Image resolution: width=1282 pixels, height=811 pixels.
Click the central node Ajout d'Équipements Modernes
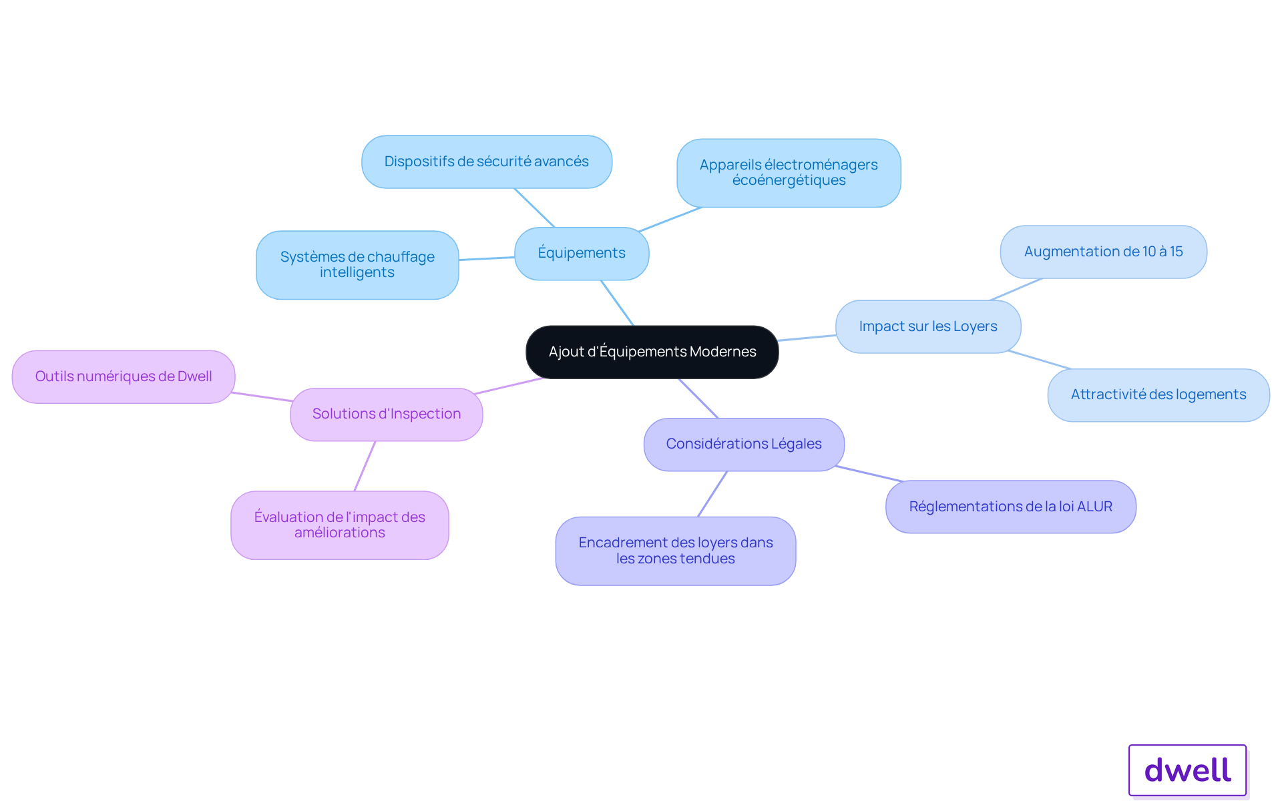(x=652, y=352)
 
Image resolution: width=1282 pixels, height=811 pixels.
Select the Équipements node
(x=582, y=254)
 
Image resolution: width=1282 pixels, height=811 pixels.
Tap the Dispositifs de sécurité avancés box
(x=487, y=162)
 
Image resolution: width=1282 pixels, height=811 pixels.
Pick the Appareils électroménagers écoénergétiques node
(x=789, y=173)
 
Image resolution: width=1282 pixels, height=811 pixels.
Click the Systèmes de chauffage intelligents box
(x=357, y=265)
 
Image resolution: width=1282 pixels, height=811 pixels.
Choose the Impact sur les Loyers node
(x=928, y=326)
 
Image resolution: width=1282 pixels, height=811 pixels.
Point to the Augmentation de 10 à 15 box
(x=1103, y=252)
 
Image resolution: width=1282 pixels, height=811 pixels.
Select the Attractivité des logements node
(x=1158, y=395)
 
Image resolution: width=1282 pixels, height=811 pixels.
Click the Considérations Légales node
(x=744, y=445)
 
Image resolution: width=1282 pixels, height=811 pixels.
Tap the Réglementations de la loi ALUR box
(x=1011, y=507)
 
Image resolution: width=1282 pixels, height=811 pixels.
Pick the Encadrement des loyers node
(x=676, y=551)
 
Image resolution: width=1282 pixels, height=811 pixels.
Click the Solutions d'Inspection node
(x=387, y=415)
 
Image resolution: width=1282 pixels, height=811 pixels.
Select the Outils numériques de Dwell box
(x=124, y=377)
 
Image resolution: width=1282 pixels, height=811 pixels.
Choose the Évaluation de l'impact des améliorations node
(x=340, y=525)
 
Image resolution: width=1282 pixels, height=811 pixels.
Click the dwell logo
(x=1187, y=770)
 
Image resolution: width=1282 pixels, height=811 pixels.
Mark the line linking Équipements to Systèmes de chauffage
(x=487, y=258)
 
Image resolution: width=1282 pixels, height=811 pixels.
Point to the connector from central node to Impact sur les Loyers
(x=807, y=338)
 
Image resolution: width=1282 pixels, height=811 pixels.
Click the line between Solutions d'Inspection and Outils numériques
(x=262, y=397)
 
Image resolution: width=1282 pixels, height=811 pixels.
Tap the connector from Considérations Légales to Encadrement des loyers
(x=712, y=494)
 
